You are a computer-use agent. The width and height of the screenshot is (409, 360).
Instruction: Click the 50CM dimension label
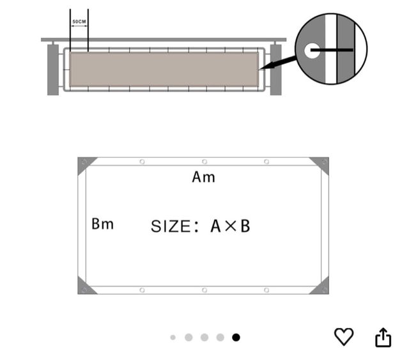pos(79,21)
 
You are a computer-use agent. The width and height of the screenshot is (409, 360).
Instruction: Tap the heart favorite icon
pos(344,337)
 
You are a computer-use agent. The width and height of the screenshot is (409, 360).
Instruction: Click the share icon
pos(383,337)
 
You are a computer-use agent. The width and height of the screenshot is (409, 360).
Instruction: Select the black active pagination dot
pos(236,337)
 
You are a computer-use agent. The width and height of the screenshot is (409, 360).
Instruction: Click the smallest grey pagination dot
pos(173,338)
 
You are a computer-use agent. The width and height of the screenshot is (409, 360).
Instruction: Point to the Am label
pos(203,177)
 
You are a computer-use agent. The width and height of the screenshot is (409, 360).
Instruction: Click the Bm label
pos(102,224)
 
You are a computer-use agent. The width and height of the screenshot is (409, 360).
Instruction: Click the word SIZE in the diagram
pos(171,226)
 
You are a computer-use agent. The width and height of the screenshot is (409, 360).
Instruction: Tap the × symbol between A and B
pos(231,226)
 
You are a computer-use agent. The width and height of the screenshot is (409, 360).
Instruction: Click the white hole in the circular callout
pos(312,51)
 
